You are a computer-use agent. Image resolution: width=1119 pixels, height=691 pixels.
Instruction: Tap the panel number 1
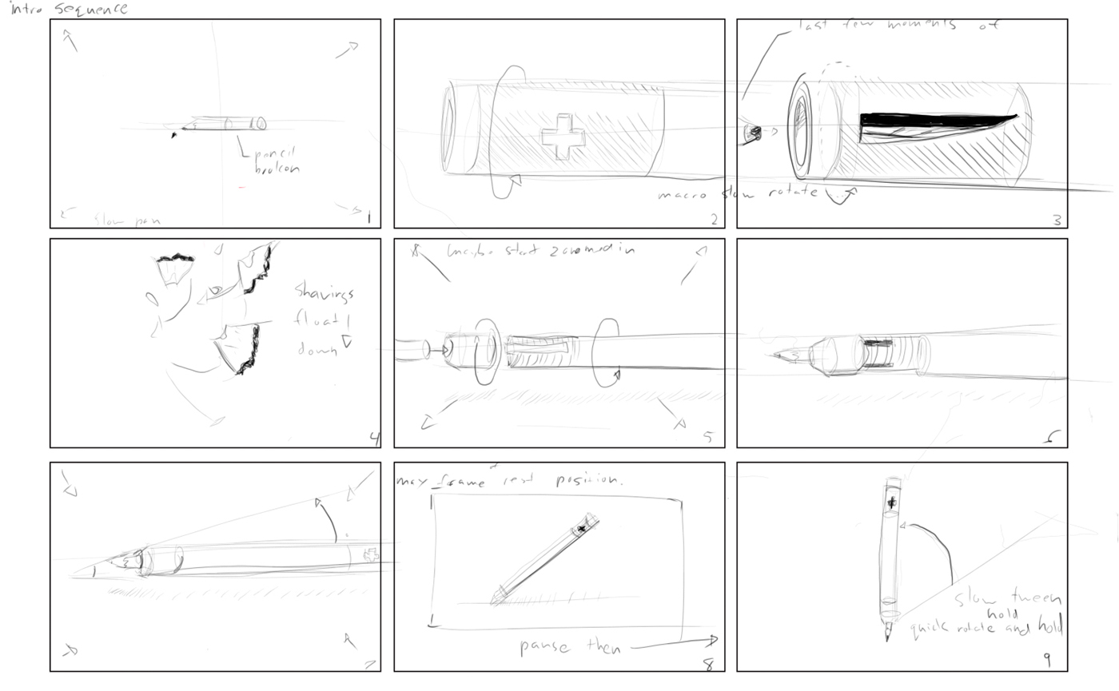click(x=368, y=217)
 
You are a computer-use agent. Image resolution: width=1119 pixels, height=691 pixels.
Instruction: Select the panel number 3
click(x=1057, y=219)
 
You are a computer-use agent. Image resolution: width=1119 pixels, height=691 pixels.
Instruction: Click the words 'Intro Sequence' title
click(x=68, y=10)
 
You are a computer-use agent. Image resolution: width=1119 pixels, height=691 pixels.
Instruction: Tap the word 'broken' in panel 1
click(x=277, y=169)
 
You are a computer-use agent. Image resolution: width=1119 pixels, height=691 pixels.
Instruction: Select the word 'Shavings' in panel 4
click(x=325, y=292)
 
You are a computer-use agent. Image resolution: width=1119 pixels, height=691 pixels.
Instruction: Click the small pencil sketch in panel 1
click(x=224, y=124)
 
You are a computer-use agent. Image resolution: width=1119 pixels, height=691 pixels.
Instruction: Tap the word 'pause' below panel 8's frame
click(x=544, y=646)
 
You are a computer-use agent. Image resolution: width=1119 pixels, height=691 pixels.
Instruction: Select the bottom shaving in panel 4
click(x=240, y=348)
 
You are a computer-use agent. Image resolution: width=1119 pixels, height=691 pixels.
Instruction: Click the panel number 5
click(x=707, y=436)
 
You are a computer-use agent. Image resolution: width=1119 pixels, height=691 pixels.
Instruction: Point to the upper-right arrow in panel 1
click(x=346, y=50)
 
